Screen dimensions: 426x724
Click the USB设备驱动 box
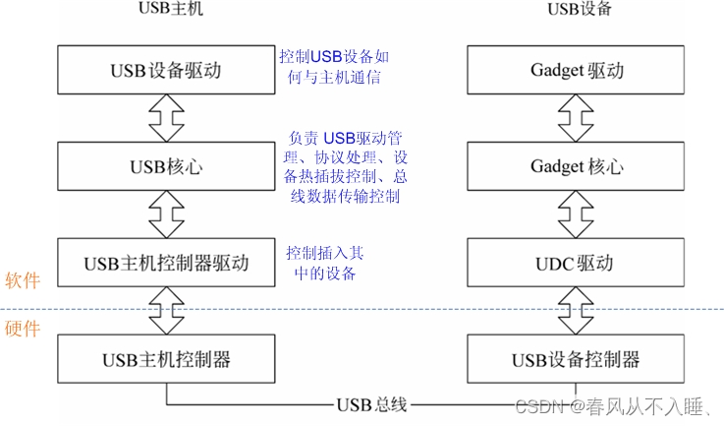(166, 70)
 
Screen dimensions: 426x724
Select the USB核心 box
(166, 166)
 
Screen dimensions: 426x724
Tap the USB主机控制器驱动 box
(166, 263)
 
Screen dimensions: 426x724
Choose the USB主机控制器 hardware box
(166, 358)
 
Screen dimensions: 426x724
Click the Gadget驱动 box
(577, 70)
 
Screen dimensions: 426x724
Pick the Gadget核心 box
(577, 166)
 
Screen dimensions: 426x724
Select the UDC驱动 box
(577, 263)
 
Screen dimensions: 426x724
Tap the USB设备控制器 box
(577, 358)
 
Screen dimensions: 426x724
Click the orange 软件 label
(22, 280)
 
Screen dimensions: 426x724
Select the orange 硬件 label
(22, 332)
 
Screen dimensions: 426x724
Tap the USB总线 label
(371, 403)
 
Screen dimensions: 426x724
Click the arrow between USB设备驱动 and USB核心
(166, 118)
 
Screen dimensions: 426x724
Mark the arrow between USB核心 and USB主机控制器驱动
(166, 214)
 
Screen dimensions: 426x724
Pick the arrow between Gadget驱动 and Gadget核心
(577, 118)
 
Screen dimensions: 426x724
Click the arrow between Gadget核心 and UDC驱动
(577, 214)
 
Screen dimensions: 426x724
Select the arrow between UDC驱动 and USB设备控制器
(577, 310)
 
